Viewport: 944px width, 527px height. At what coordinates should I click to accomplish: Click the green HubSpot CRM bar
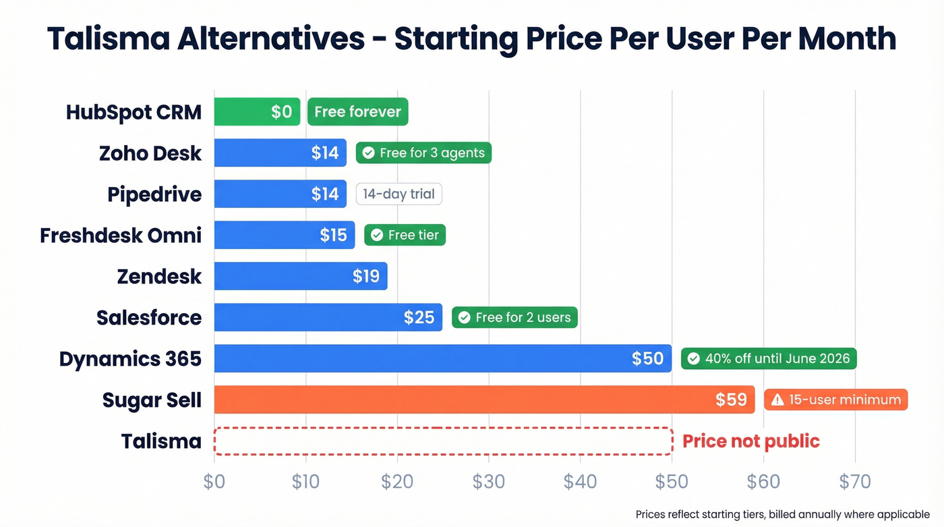[x=257, y=112]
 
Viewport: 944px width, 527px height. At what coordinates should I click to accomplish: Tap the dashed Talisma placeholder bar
[x=443, y=441]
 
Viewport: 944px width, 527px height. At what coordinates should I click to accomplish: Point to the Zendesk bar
[x=301, y=276]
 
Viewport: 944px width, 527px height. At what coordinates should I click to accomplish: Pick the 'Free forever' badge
[x=357, y=112]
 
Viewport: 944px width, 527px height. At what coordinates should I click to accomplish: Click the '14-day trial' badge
[x=399, y=194]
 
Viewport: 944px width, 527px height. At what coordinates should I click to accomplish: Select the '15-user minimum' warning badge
[x=835, y=399]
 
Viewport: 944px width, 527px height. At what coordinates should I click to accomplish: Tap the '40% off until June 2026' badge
[x=769, y=358]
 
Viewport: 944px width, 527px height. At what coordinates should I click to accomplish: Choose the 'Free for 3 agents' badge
[x=423, y=153]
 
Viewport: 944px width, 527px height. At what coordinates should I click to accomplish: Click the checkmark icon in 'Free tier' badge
[x=376, y=235]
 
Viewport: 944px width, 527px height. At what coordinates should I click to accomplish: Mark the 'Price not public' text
[x=750, y=441]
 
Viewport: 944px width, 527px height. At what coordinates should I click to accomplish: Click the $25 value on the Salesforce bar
[x=419, y=317]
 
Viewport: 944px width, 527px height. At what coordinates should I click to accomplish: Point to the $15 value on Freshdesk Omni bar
[x=333, y=235]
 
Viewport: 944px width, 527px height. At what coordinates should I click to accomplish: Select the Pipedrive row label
[x=154, y=194]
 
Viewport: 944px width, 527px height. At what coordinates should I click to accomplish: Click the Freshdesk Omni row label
[x=121, y=235]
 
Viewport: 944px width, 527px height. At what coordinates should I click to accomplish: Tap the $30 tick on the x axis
[x=489, y=482]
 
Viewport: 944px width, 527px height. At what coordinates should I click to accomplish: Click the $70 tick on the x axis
[x=854, y=482]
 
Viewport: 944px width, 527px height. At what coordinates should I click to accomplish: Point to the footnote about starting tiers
[x=782, y=515]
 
